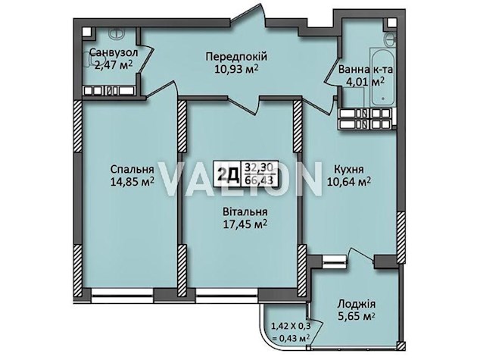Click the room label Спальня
point(132,168)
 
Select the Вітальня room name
point(245,211)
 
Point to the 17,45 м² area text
point(245,224)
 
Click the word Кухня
point(348,169)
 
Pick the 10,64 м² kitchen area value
point(348,182)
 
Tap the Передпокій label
point(236,56)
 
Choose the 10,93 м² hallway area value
point(236,69)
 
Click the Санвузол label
point(114,52)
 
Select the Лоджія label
point(356,304)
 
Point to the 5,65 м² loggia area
point(356,317)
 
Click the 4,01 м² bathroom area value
point(365,82)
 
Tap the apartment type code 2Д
point(229,174)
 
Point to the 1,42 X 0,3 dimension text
point(291,327)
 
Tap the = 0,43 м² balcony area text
point(291,338)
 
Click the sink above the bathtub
point(389,39)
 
